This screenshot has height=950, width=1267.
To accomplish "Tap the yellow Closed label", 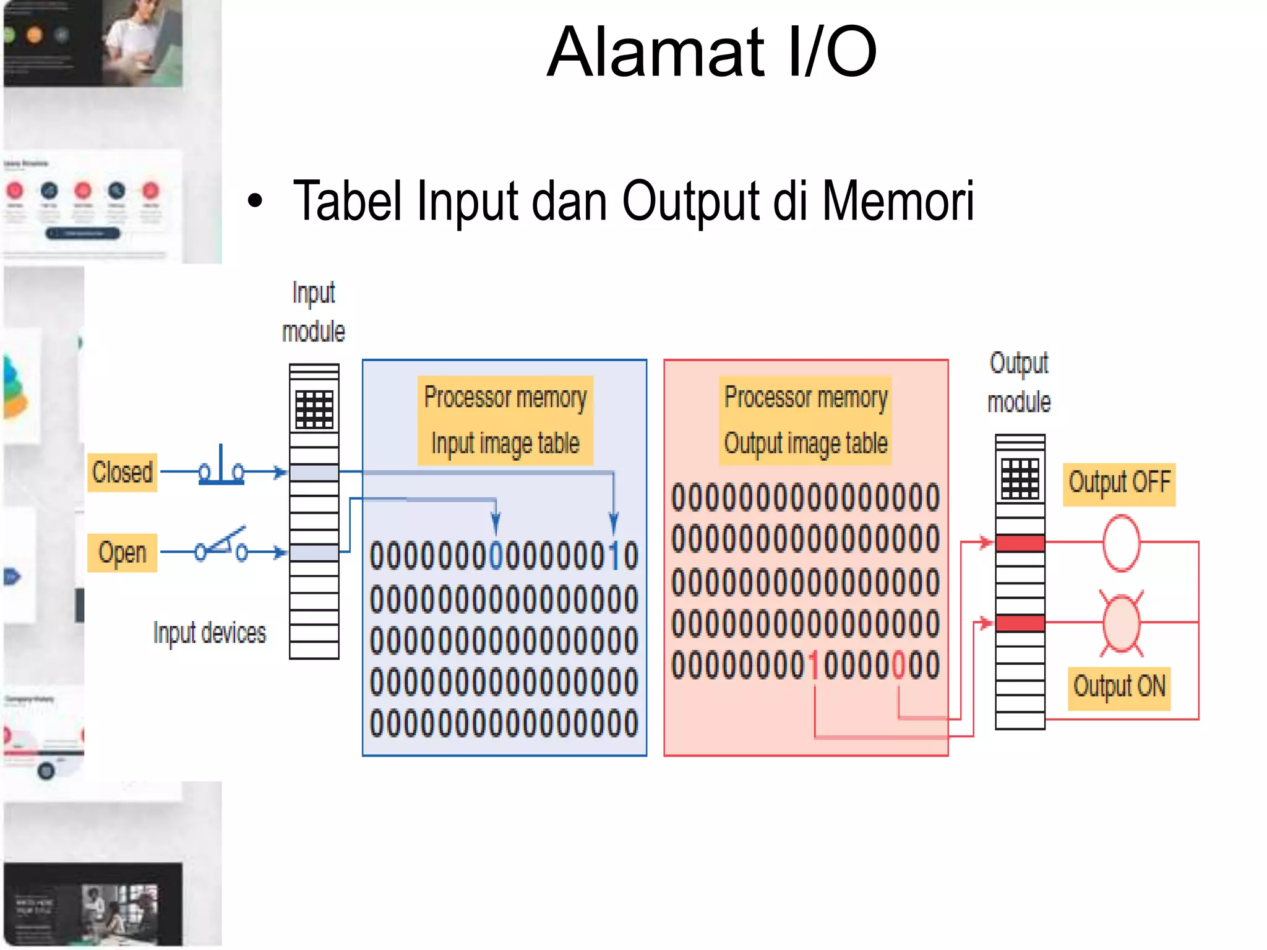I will (122, 473).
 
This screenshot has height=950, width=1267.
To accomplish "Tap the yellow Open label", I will (122, 552).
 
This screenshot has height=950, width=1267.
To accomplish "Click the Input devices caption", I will (210, 633).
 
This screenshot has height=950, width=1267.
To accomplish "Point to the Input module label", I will (314, 312).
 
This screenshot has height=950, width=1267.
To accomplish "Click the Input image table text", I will (505, 443).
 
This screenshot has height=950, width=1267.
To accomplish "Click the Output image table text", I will (805, 443).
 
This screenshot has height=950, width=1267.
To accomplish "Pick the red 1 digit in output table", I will (814, 665).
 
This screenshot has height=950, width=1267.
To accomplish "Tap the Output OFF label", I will (1119, 483).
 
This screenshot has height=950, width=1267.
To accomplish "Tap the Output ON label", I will (1119, 687).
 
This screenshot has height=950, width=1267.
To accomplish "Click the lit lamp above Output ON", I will (1121, 623).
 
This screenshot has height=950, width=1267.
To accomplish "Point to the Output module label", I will (1019, 382).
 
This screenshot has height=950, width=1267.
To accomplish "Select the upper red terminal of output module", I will (1020, 543).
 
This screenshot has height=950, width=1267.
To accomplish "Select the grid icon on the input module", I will (314, 409).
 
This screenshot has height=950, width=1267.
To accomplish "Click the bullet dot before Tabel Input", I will (255, 201).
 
